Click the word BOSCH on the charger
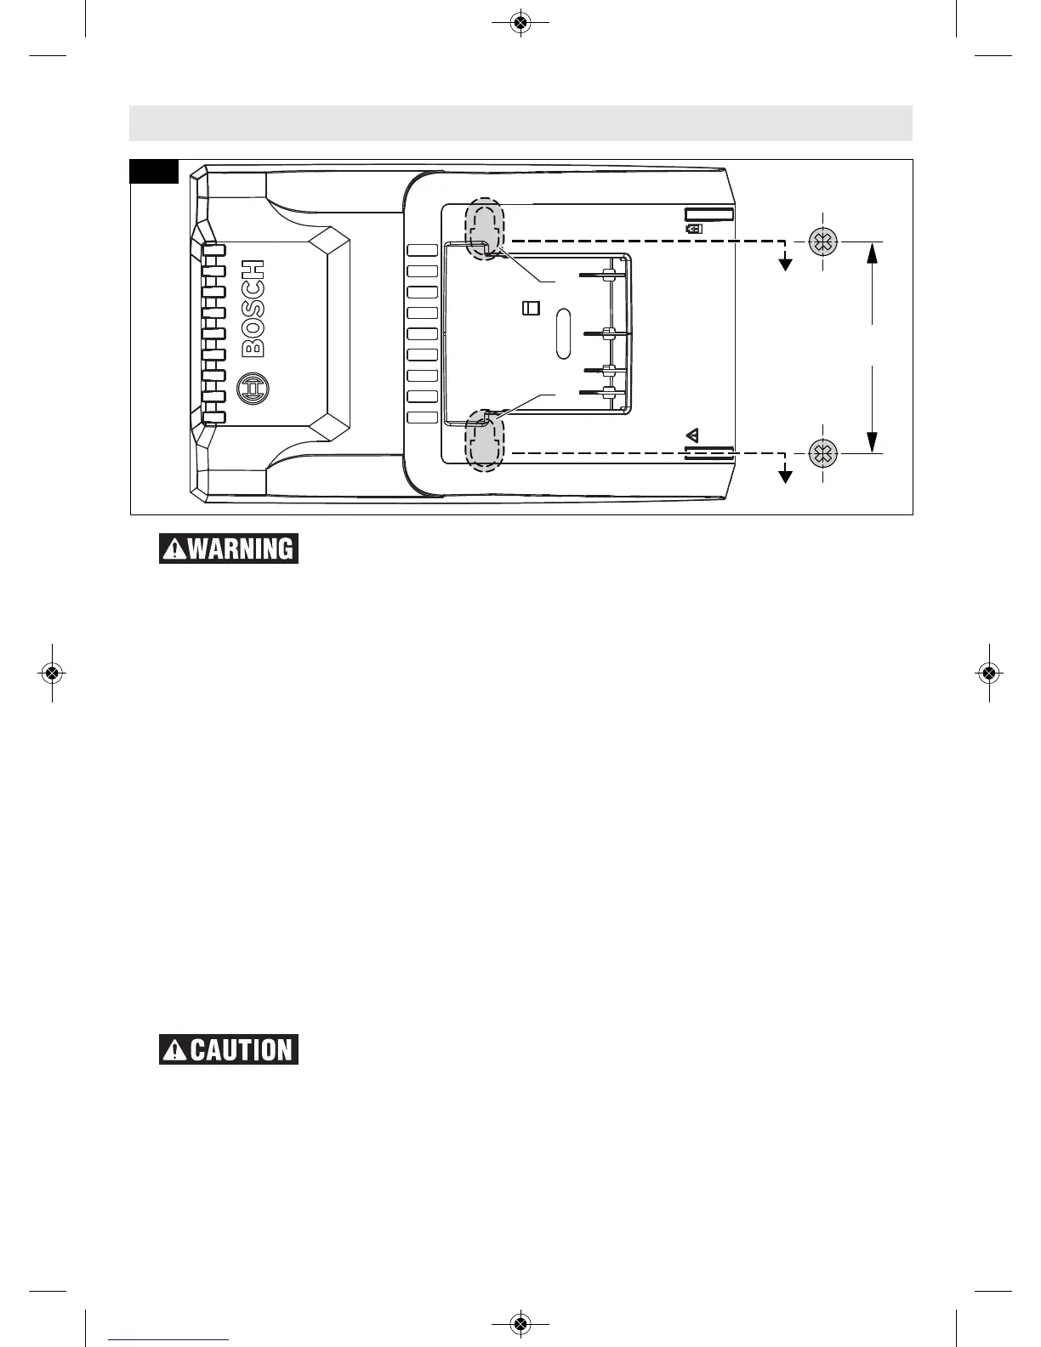tap(254, 308)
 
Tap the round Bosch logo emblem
tap(253, 388)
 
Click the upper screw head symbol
tap(822, 242)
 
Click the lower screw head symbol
tap(822, 453)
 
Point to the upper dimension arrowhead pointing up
tap(873, 253)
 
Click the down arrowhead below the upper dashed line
tap(786, 264)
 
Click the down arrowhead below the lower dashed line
tap(786, 476)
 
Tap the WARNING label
tap(229, 548)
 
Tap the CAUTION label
tap(229, 1049)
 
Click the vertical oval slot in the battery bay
tap(561, 333)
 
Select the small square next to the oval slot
tap(530, 308)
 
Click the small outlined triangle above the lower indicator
tap(692, 435)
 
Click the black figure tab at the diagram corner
tap(154, 171)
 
